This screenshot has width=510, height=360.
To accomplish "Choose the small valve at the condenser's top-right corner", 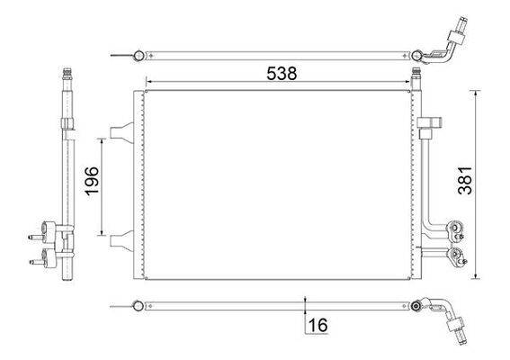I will [x=416, y=74].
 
